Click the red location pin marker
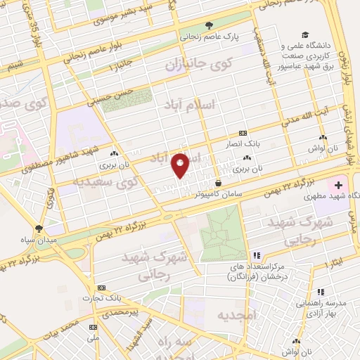[x=181, y=165]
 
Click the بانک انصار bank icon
[x=243, y=132]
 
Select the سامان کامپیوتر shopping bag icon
[x=218, y=183]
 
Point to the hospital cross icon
[x=340, y=186]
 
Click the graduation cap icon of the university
[x=305, y=35]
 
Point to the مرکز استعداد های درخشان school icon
[x=257, y=255]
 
